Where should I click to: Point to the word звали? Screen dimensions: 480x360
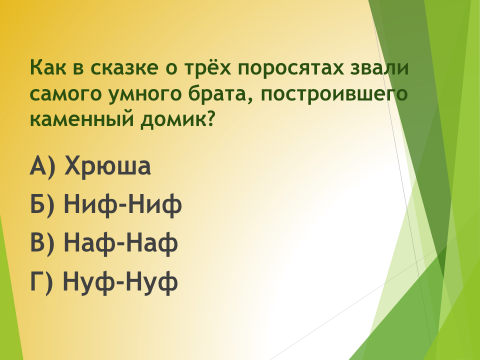click(379, 67)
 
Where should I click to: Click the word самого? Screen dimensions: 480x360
click(66, 94)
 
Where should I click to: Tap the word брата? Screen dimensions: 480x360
click(221, 93)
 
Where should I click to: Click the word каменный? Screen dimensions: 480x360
click(82, 120)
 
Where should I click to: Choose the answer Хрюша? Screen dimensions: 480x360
click(107, 166)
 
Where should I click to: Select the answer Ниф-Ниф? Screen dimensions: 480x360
click(123, 204)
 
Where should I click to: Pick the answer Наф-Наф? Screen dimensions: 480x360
click(121, 242)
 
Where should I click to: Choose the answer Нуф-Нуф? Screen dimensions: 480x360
click(120, 282)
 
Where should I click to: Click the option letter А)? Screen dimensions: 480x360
click(42, 166)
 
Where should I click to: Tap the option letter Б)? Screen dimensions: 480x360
click(42, 205)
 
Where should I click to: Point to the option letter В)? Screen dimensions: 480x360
click(42, 243)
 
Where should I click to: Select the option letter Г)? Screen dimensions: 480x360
click(41, 282)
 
